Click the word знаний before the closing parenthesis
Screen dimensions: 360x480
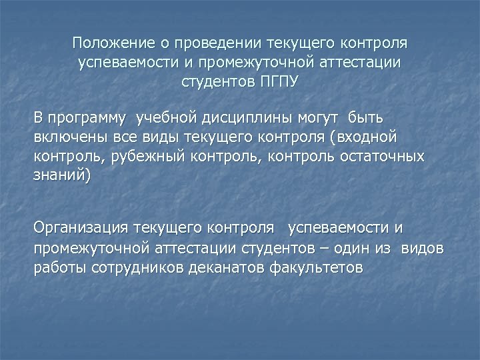59,177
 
